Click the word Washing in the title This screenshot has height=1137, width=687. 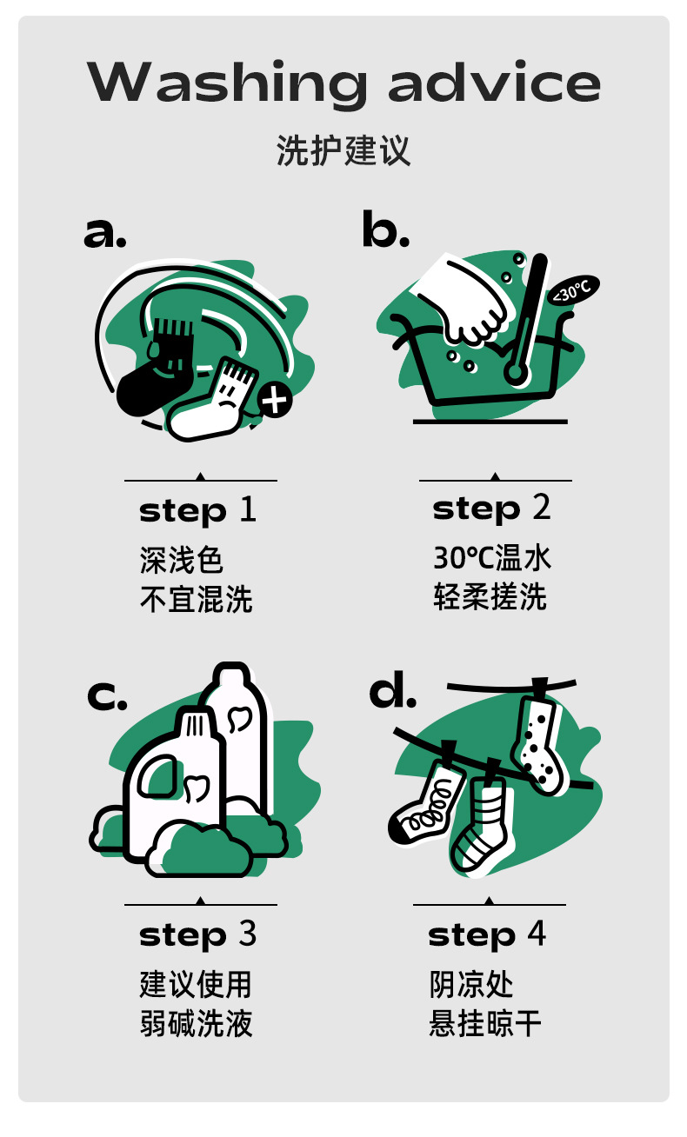(x=226, y=83)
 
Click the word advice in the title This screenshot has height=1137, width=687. (x=495, y=81)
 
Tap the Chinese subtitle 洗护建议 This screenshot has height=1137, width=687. (x=343, y=150)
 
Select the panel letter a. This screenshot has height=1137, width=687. (x=104, y=233)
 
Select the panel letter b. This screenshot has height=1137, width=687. (x=385, y=229)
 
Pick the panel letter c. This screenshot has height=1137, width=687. (x=107, y=695)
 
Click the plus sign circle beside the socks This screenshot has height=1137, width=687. (x=275, y=400)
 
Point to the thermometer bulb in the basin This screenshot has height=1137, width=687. (x=515, y=372)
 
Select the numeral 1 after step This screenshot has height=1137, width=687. (x=248, y=509)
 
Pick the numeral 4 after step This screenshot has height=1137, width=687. (x=537, y=933)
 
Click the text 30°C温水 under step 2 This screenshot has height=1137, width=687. (x=492, y=557)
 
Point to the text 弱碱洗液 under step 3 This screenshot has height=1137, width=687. (x=196, y=1023)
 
